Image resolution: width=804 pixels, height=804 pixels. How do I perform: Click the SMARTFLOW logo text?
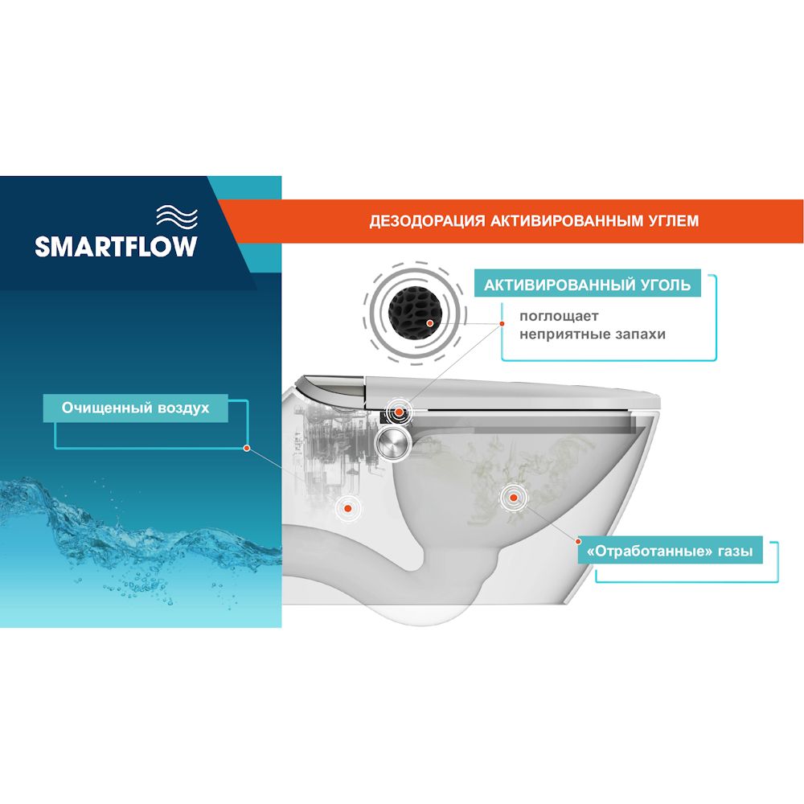pos(116,247)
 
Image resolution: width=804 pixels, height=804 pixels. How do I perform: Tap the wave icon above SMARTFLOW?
pos(177,215)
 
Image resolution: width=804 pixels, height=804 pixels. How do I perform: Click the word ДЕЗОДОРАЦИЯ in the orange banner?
pos(427,221)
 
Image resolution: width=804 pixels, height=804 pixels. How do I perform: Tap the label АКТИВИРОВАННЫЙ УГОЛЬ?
pos(587,285)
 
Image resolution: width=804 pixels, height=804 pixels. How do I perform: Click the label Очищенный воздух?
pos(135,408)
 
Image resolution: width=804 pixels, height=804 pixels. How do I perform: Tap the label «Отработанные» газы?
pos(670,552)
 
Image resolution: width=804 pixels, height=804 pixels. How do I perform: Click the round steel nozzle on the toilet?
pos(393,442)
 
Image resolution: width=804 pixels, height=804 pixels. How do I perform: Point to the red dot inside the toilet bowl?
pos(512,497)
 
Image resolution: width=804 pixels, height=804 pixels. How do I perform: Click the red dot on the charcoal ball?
pos(429,323)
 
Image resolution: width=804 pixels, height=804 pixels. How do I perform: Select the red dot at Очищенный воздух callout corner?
pos(247,448)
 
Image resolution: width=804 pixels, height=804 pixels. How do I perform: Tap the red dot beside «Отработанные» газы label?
pos(578,541)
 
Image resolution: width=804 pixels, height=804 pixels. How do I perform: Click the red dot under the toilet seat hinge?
pos(399,412)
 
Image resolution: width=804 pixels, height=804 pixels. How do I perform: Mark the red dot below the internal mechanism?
pos(347,509)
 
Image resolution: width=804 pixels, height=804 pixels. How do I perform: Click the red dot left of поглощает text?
pos(502,323)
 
